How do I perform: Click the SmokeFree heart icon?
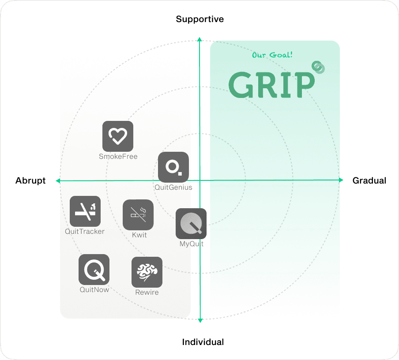(x=118, y=136)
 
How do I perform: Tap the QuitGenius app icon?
(x=173, y=167)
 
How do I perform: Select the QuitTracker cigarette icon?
(x=85, y=211)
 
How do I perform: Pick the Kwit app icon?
(x=138, y=215)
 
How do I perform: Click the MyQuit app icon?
(x=191, y=224)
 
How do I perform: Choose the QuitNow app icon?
(x=94, y=270)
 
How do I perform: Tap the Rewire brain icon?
(x=147, y=272)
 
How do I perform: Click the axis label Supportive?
(x=199, y=19)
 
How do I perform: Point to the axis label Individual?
(x=203, y=342)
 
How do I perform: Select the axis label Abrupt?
(x=30, y=180)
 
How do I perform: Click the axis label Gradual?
(x=369, y=180)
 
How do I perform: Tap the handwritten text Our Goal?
(x=272, y=55)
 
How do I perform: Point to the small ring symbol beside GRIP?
(x=318, y=67)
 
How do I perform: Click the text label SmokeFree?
(x=118, y=157)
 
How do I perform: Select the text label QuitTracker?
(x=85, y=232)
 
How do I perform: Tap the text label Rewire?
(x=147, y=292)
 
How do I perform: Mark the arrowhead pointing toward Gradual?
(x=341, y=180)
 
